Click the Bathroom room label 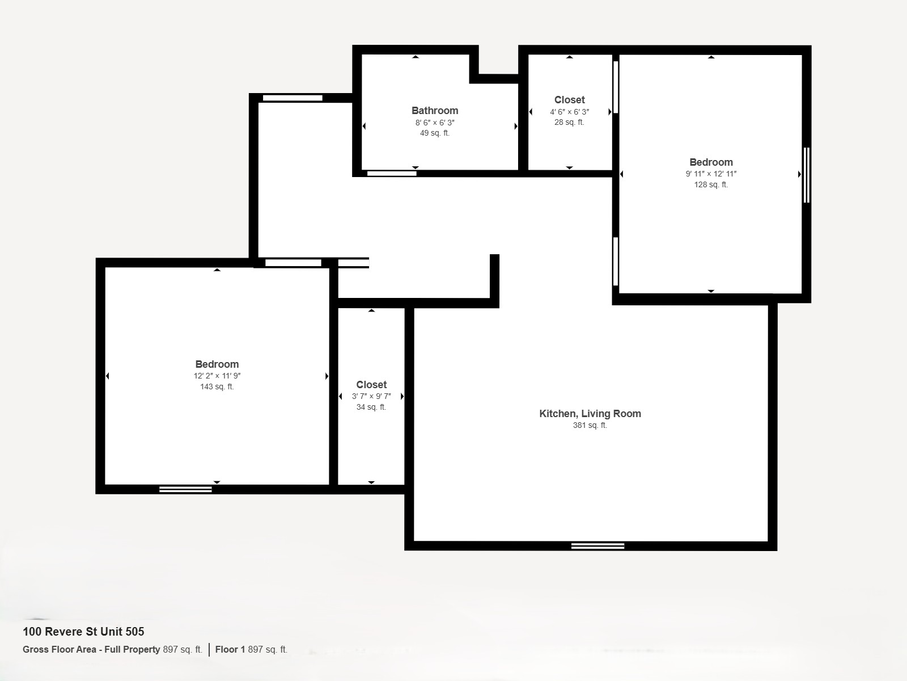[435, 111]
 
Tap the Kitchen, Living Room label [590, 414]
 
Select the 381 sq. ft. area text [590, 425]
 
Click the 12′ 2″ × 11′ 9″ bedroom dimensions [217, 376]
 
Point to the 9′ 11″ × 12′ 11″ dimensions [711, 174]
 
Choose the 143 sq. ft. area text [217, 386]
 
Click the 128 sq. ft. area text [711, 185]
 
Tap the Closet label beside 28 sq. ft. [569, 100]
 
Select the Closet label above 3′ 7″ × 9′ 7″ [371, 385]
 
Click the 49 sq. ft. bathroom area [435, 133]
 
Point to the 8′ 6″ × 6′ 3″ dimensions [435, 123]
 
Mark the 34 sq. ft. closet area [371, 407]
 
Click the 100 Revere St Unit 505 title [83, 632]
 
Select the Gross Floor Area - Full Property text [91, 650]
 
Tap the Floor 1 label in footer [230, 650]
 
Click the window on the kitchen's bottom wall [597, 546]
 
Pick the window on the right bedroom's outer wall [806, 175]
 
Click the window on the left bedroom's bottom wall [185, 490]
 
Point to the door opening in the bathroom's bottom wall [392, 174]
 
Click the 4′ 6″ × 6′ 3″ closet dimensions [569, 112]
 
